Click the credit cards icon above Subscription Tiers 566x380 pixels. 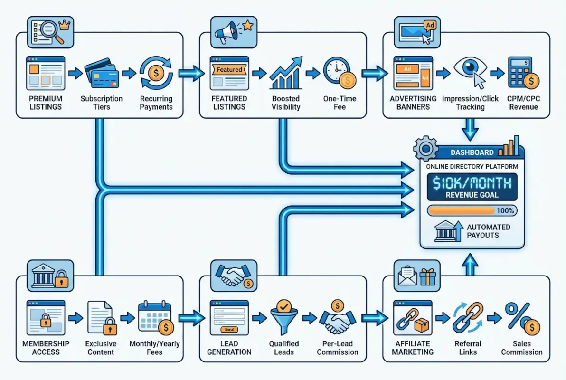click(x=101, y=74)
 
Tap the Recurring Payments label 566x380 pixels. click(x=156, y=103)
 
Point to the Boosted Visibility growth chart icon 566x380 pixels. click(x=285, y=74)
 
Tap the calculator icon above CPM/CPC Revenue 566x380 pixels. click(x=523, y=73)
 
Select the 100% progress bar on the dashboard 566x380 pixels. click(x=472, y=210)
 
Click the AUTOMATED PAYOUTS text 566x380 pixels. click(x=488, y=231)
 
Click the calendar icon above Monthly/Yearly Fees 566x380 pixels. click(x=155, y=317)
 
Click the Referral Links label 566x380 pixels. click(x=468, y=348)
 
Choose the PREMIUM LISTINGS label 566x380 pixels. click(x=46, y=103)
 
